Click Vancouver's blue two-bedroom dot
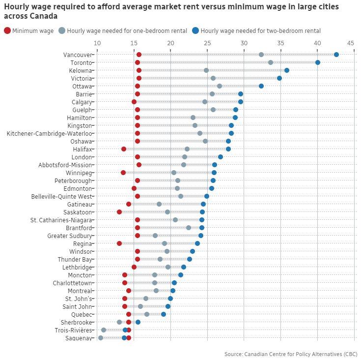(x=336, y=55)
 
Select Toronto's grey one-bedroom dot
(x=271, y=62)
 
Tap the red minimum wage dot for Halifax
(x=124, y=149)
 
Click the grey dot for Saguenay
(x=101, y=338)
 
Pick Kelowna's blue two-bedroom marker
(x=287, y=70)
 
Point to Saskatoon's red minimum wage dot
(x=119, y=212)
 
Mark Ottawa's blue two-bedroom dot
(x=261, y=86)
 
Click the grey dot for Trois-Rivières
(x=104, y=330)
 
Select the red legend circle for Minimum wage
(x=7, y=31)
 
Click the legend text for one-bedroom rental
(x=127, y=31)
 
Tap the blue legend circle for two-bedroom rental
(x=196, y=31)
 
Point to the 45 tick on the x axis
(x=351, y=43)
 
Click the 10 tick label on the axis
(x=97, y=43)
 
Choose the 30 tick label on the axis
(x=244, y=43)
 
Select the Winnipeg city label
(x=79, y=173)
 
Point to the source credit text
(x=291, y=354)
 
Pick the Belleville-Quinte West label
(x=61, y=196)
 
